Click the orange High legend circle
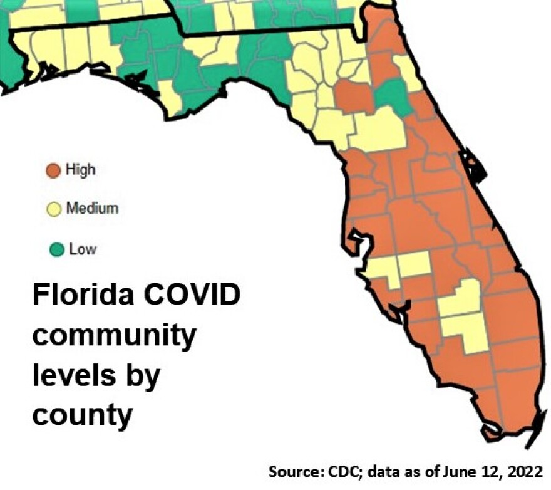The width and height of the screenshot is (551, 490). [x=54, y=170]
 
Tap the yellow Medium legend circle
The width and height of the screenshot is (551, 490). [x=54, y=209]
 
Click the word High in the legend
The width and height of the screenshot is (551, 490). [x=80, y=169]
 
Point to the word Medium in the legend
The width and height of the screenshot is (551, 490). [x=92, y=208]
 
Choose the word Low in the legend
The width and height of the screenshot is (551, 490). [x=83, y=249]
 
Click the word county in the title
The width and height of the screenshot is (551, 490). [x=83, y=414]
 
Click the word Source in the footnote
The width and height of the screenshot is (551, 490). [x=294, y=471]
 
